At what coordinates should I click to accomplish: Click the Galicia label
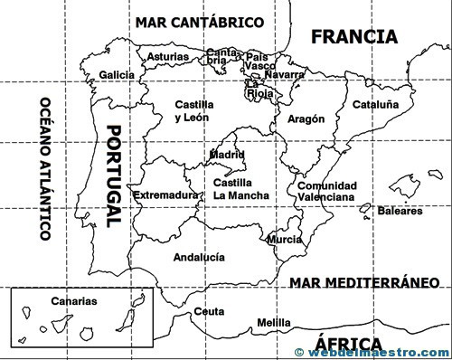coord(117,74)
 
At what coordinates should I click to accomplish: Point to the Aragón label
coord(306,118)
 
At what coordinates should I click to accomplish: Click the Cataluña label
coord(375,104)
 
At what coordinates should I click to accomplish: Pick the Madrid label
coord(227,155)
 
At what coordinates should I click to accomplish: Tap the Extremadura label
coord(165,195)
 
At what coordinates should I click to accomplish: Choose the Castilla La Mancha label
coord(241,189)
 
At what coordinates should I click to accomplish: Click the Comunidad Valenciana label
coord(326,191)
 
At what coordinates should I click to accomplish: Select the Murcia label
coord(285,240)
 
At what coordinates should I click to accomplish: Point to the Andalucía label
coord(200,256)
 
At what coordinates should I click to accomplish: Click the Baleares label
coord(400,212)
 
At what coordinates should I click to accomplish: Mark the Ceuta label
coord(209,311)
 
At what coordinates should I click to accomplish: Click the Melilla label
coord(274,322)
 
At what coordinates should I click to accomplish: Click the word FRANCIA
coord(353,37)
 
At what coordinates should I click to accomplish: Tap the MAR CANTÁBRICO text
coord(199,21)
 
